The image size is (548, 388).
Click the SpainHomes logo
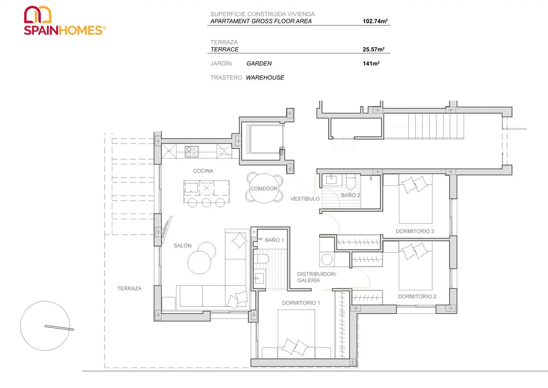64,21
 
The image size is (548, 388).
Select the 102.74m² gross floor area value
375,21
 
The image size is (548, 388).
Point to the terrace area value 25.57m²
373,49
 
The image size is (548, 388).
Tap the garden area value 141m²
371,64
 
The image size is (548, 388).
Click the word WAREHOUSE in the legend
265,78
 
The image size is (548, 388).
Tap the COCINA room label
203,171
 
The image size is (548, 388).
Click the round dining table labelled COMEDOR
264,188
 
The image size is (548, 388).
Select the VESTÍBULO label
305,198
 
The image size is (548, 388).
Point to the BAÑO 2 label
351,195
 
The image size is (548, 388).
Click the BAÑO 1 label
274,240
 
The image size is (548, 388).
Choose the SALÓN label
182,246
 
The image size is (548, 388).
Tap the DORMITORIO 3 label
415,231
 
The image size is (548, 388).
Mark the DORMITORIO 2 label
417,296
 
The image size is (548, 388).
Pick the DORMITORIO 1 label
301,303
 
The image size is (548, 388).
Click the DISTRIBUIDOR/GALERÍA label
317,277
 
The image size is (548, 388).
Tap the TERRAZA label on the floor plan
129,289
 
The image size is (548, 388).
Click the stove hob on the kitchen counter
192,151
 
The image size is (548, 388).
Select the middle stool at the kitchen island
206,203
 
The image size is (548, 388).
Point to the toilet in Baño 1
261,259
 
